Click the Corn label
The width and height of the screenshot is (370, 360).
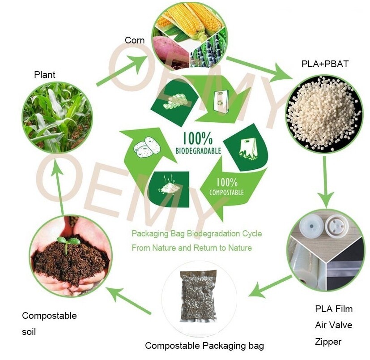tap(135, 40)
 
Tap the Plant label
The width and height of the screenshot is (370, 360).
tap(45, 74)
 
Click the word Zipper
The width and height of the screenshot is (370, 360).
tap(328, 342)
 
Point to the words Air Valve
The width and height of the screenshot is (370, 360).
tap(333, 325)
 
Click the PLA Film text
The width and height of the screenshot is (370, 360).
tap(334, 309)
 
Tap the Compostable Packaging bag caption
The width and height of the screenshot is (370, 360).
tap(204, 346)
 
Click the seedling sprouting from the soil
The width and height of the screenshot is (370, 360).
tap(68, 242)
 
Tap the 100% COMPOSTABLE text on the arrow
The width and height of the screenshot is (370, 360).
tap(227, 187)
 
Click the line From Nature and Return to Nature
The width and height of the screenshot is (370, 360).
tap(191, 248)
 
